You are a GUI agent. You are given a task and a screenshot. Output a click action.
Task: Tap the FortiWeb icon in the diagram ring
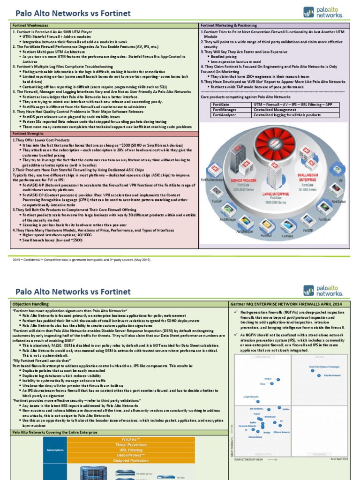288,227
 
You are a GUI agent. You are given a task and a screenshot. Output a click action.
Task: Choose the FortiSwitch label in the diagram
339,201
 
